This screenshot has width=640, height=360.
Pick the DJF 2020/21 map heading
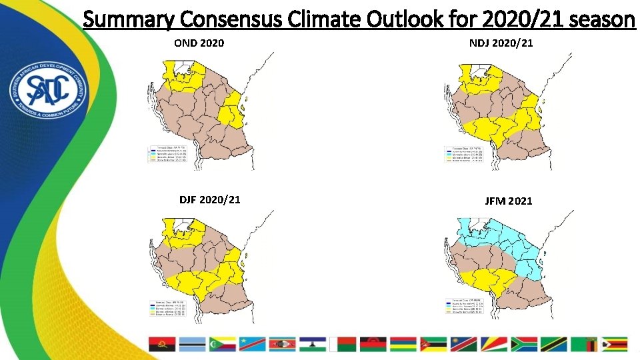click(x=210, y=199)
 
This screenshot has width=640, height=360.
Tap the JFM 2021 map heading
click(x=508, y=201)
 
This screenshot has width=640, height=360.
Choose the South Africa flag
click(x=523, y=344)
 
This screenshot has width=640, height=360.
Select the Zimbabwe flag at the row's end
click(x=615, y=344)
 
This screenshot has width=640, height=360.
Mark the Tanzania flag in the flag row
click(x=554, y=344)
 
